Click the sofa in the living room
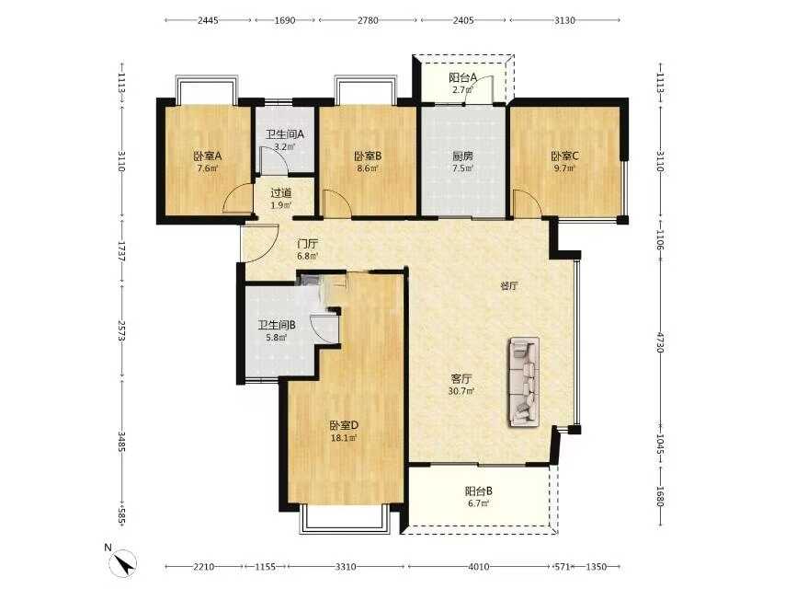tap(524, 382)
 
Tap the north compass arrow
tap(125, 563)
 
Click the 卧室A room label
tap(208, 156)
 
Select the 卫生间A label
tap(284, 134)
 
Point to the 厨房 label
tap(462, 156)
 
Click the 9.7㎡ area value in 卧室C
tap(564, 168)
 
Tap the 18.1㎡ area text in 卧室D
tap(344, 438)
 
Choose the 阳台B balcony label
tap(478, 491)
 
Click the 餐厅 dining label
tap(509, 287)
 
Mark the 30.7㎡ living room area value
tap(461, 391)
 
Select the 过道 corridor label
tap(281, 193)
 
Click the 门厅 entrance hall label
tap(307, 245)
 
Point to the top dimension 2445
tap(208, 20)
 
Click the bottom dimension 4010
tap(479, 567)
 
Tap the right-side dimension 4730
tap(660, 341)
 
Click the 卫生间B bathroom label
tap(277, 325)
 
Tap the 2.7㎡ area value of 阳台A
tap(462, 90)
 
